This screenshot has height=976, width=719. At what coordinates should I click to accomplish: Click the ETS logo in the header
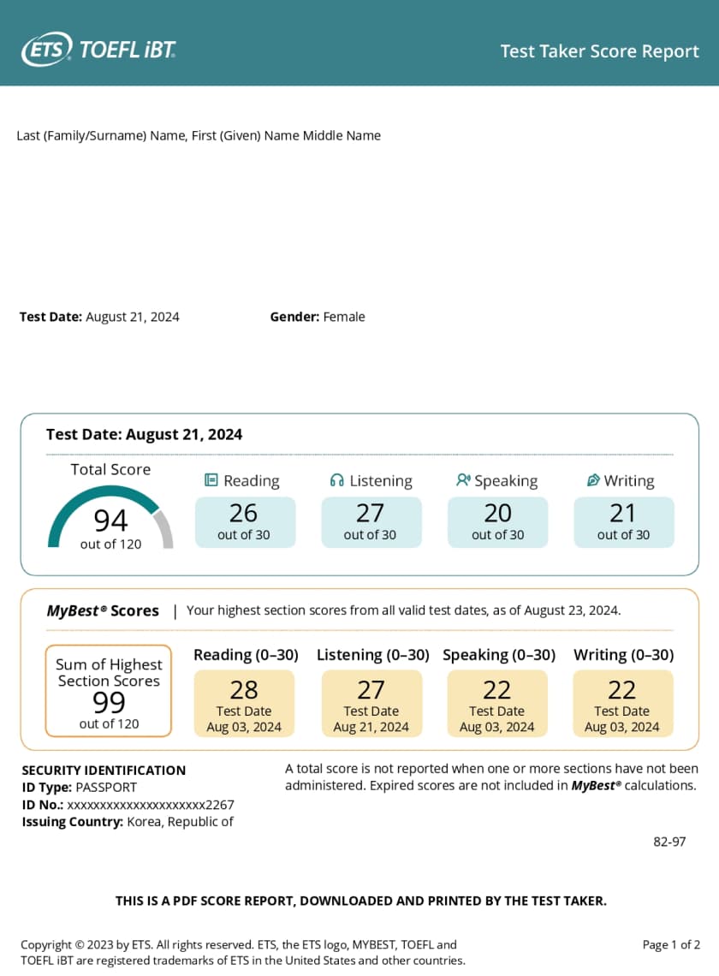[x=47, y=51]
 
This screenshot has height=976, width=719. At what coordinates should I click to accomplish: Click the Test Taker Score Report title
[x=599, y=51]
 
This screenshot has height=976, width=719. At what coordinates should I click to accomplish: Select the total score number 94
[x=110, y=520]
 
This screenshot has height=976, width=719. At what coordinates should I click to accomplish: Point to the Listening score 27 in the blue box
[x=370, y=514]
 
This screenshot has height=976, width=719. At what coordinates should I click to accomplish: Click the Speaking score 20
[x=497, y=514]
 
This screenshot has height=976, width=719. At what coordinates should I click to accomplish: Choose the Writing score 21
[x=622, y=514]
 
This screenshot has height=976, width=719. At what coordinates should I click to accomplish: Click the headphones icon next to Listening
[x=337, y=480]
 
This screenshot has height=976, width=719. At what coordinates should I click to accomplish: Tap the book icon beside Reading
[x=211, y=480]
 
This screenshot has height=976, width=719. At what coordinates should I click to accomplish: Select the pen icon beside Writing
[x=593, y=480]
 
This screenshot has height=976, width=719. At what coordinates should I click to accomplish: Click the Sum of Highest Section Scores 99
[x=109, y=702]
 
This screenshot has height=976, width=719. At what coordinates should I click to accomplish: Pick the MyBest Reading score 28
[x=244, y=690]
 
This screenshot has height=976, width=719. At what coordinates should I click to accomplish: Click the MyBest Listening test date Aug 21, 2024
[x=371, y=727]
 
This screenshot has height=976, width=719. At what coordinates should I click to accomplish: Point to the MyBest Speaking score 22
[x=496, y=690]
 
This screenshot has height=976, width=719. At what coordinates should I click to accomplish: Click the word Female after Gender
[x=343, y=317]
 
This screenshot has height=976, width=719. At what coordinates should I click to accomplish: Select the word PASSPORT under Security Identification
[x=106, y=787]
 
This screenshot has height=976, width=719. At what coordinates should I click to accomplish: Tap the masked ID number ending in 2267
[x=151, y=805]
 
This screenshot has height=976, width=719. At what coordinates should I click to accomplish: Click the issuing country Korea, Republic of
[x=180, y=822]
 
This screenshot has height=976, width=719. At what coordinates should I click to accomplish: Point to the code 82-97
[x=669, y=842]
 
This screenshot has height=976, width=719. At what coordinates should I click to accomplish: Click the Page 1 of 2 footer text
[x=671, y=945]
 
